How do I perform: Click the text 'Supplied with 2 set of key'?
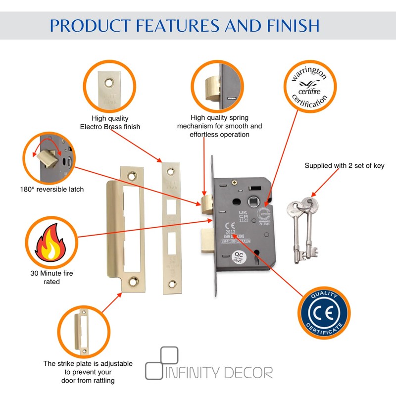[x=344, y=166]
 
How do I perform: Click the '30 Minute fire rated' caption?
[x=49, y=277]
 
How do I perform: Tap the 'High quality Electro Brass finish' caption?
[x=110, y=122]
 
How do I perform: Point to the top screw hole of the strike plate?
[x=132, y=175]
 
